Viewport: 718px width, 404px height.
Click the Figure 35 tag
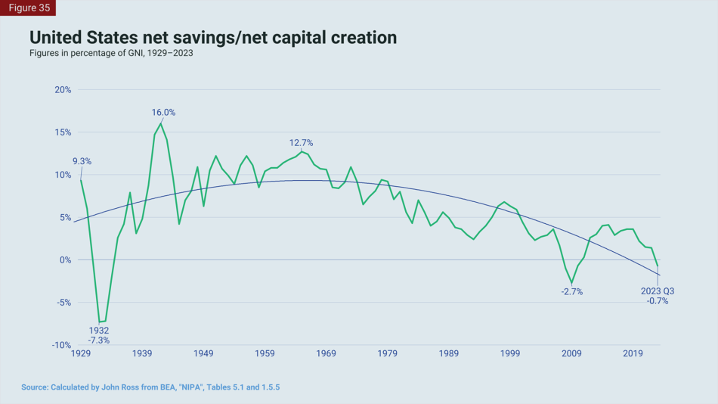click(x=28, y=8)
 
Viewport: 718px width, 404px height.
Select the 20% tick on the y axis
click(x=62, y=89)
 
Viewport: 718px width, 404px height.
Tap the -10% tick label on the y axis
click(x=60, y=345)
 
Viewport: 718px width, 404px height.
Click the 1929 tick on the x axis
click(x=81, y=353)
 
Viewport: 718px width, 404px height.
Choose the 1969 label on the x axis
click(x=326, y=353)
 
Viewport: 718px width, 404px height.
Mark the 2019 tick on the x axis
click(x=633, y=353)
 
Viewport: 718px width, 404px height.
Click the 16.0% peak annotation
click(x=163, y=113)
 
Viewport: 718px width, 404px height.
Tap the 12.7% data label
click(x=301, y=143)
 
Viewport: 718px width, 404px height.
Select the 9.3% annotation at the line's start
click(x=82, y=161)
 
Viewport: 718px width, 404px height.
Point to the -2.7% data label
click(x=572, y=291)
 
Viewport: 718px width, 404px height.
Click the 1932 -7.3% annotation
click(x=99, y=335)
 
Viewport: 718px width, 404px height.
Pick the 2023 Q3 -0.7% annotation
click(x=658, y=296)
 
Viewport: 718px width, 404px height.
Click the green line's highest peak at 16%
click(x=161, y=123)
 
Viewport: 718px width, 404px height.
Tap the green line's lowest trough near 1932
click(x=99, y=322)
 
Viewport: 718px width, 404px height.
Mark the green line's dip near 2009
click(x=572, y=283)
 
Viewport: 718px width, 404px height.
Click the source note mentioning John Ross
click(x=155, y=387)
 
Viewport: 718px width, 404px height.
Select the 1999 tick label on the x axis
click(x=510, y=353)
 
